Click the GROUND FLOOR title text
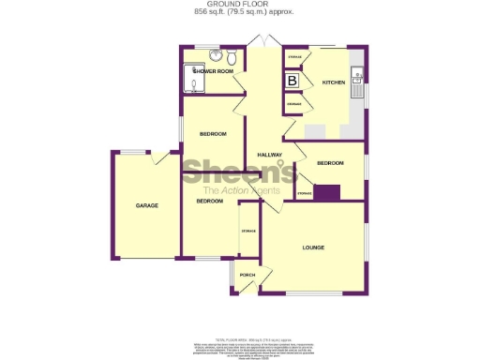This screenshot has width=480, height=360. pyautogui.click(x=239, y=5)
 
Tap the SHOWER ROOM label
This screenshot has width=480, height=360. pyautogui.click(x=214, y=71)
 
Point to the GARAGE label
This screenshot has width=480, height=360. pyautogui.click(x=145, y=205)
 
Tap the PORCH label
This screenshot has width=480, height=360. pyautogui.click(x=247, y=275)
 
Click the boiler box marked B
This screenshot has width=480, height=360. pyautogui.click(x=292, y=82)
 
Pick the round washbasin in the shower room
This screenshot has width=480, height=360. pyautogui.click(x=217, y=55)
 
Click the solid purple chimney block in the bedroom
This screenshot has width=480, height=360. pyautogui.click(x=326, y=193)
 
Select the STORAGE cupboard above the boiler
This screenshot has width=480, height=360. pyautogui.click(x=293, y=59)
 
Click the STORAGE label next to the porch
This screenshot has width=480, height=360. pyautogui.click(x=248, y=231)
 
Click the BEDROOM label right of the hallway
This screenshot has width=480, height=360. pyautogui.click(x=330, y=163)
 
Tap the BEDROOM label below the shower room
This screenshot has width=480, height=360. pyautogui.click(x=214, y=134)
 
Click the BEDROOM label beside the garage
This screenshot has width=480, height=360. pyautogui.click(x=209, y=202)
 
